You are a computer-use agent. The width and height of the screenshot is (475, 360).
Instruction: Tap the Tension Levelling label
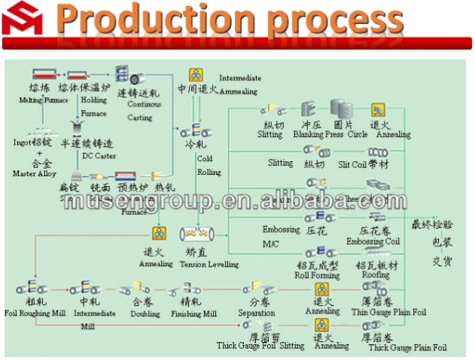[x=209, y=264]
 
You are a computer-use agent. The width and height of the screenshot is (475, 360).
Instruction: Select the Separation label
[x=257, y=313]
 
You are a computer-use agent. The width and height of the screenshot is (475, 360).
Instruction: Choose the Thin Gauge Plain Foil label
[x=398, y=313]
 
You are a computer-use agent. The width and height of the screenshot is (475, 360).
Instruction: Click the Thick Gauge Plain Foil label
[x=407, y=348]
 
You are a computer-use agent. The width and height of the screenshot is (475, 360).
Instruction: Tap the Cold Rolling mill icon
[x=194, y=130]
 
